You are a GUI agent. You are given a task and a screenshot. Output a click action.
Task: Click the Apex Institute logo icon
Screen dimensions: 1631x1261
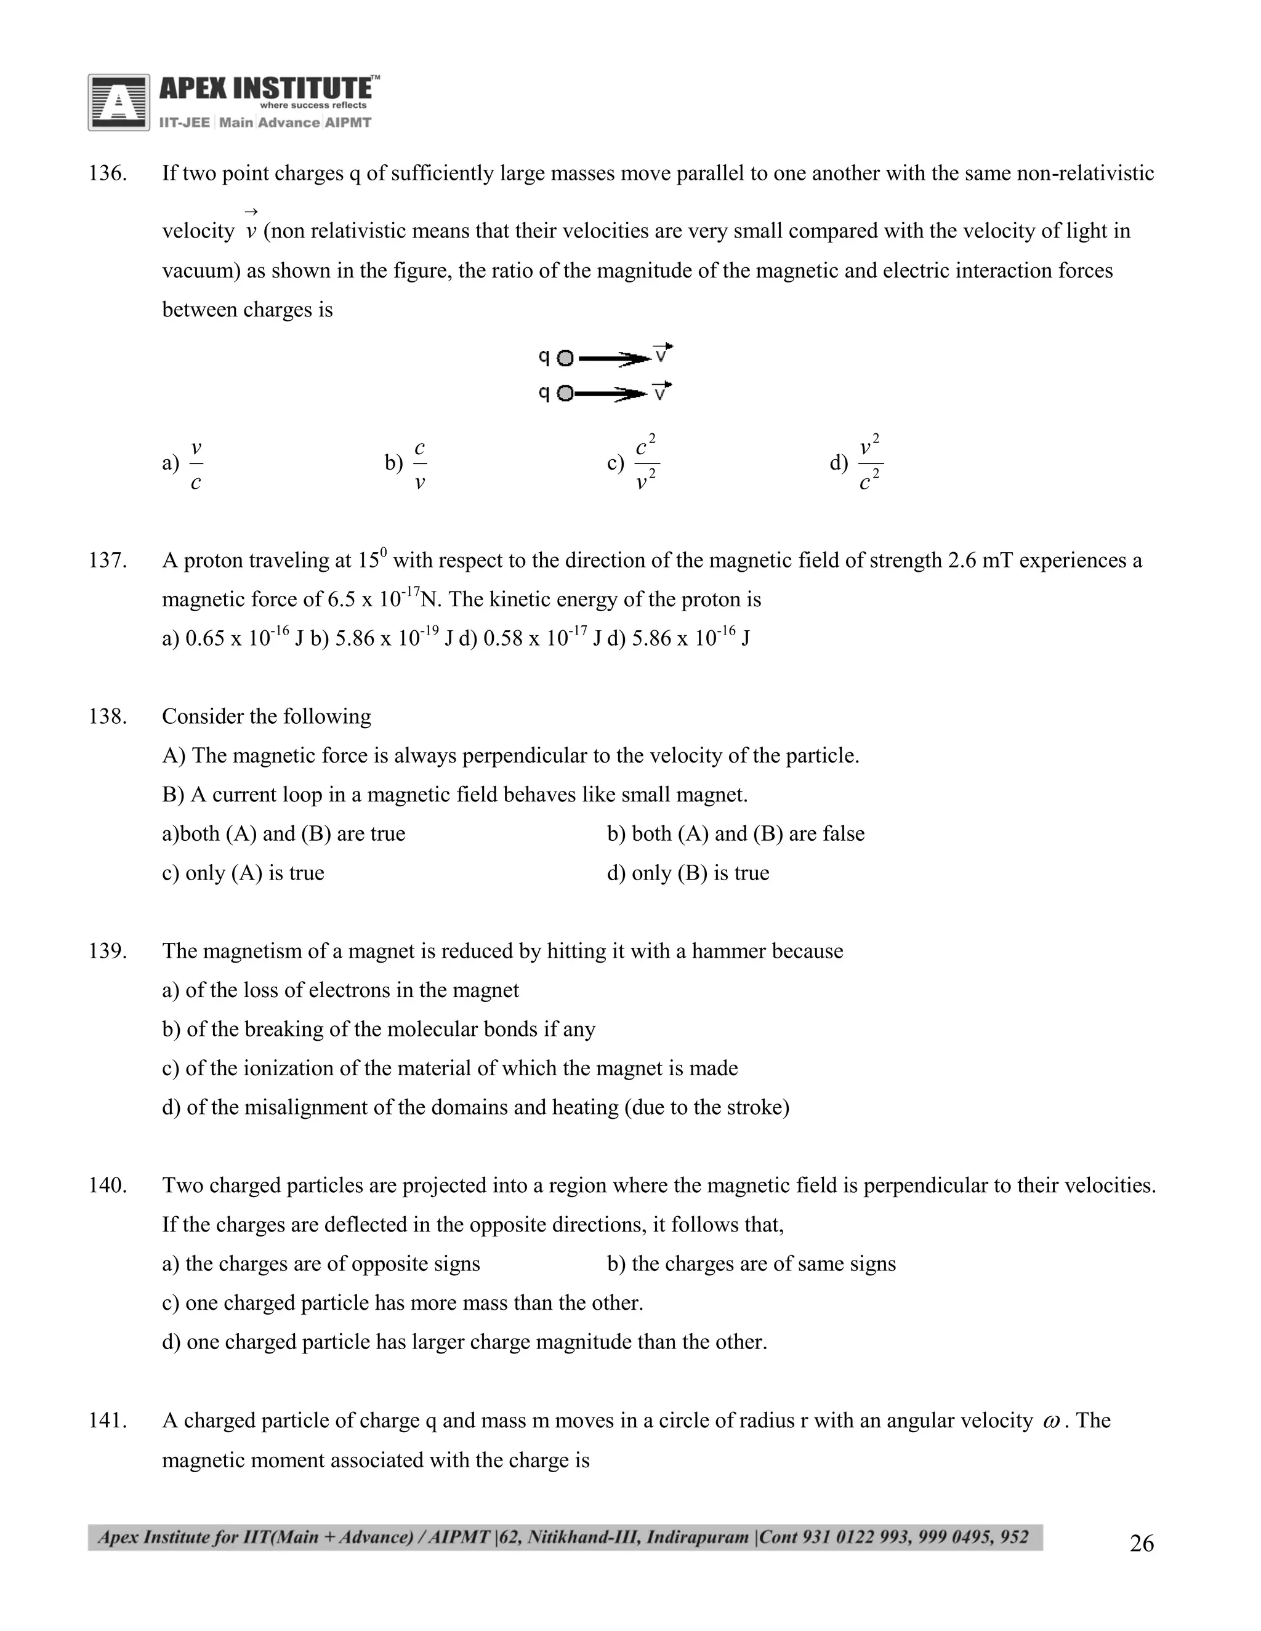coord(118,102)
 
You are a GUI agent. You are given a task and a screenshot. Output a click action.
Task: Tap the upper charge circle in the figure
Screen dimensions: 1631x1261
coord(565,358)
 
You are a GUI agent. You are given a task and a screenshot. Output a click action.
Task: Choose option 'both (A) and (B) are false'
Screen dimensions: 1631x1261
coord(736,833)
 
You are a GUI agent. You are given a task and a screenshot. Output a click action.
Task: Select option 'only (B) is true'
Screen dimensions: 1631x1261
coord(688,873)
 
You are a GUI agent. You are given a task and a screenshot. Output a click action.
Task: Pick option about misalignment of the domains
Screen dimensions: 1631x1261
coord(475,1107)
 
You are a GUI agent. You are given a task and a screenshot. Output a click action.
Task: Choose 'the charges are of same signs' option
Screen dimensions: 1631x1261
coord(751,1264)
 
